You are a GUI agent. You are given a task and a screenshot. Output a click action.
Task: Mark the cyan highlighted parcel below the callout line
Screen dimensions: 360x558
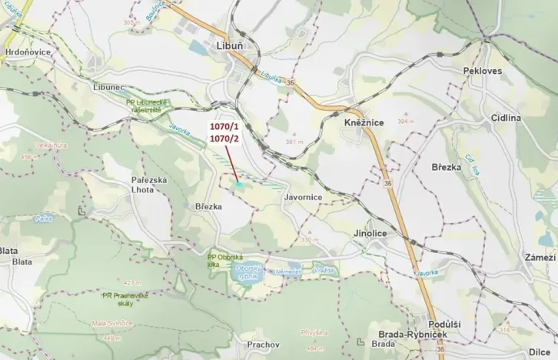(239, 185)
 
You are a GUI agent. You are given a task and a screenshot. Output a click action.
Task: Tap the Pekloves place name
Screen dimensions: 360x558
(482, 70)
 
